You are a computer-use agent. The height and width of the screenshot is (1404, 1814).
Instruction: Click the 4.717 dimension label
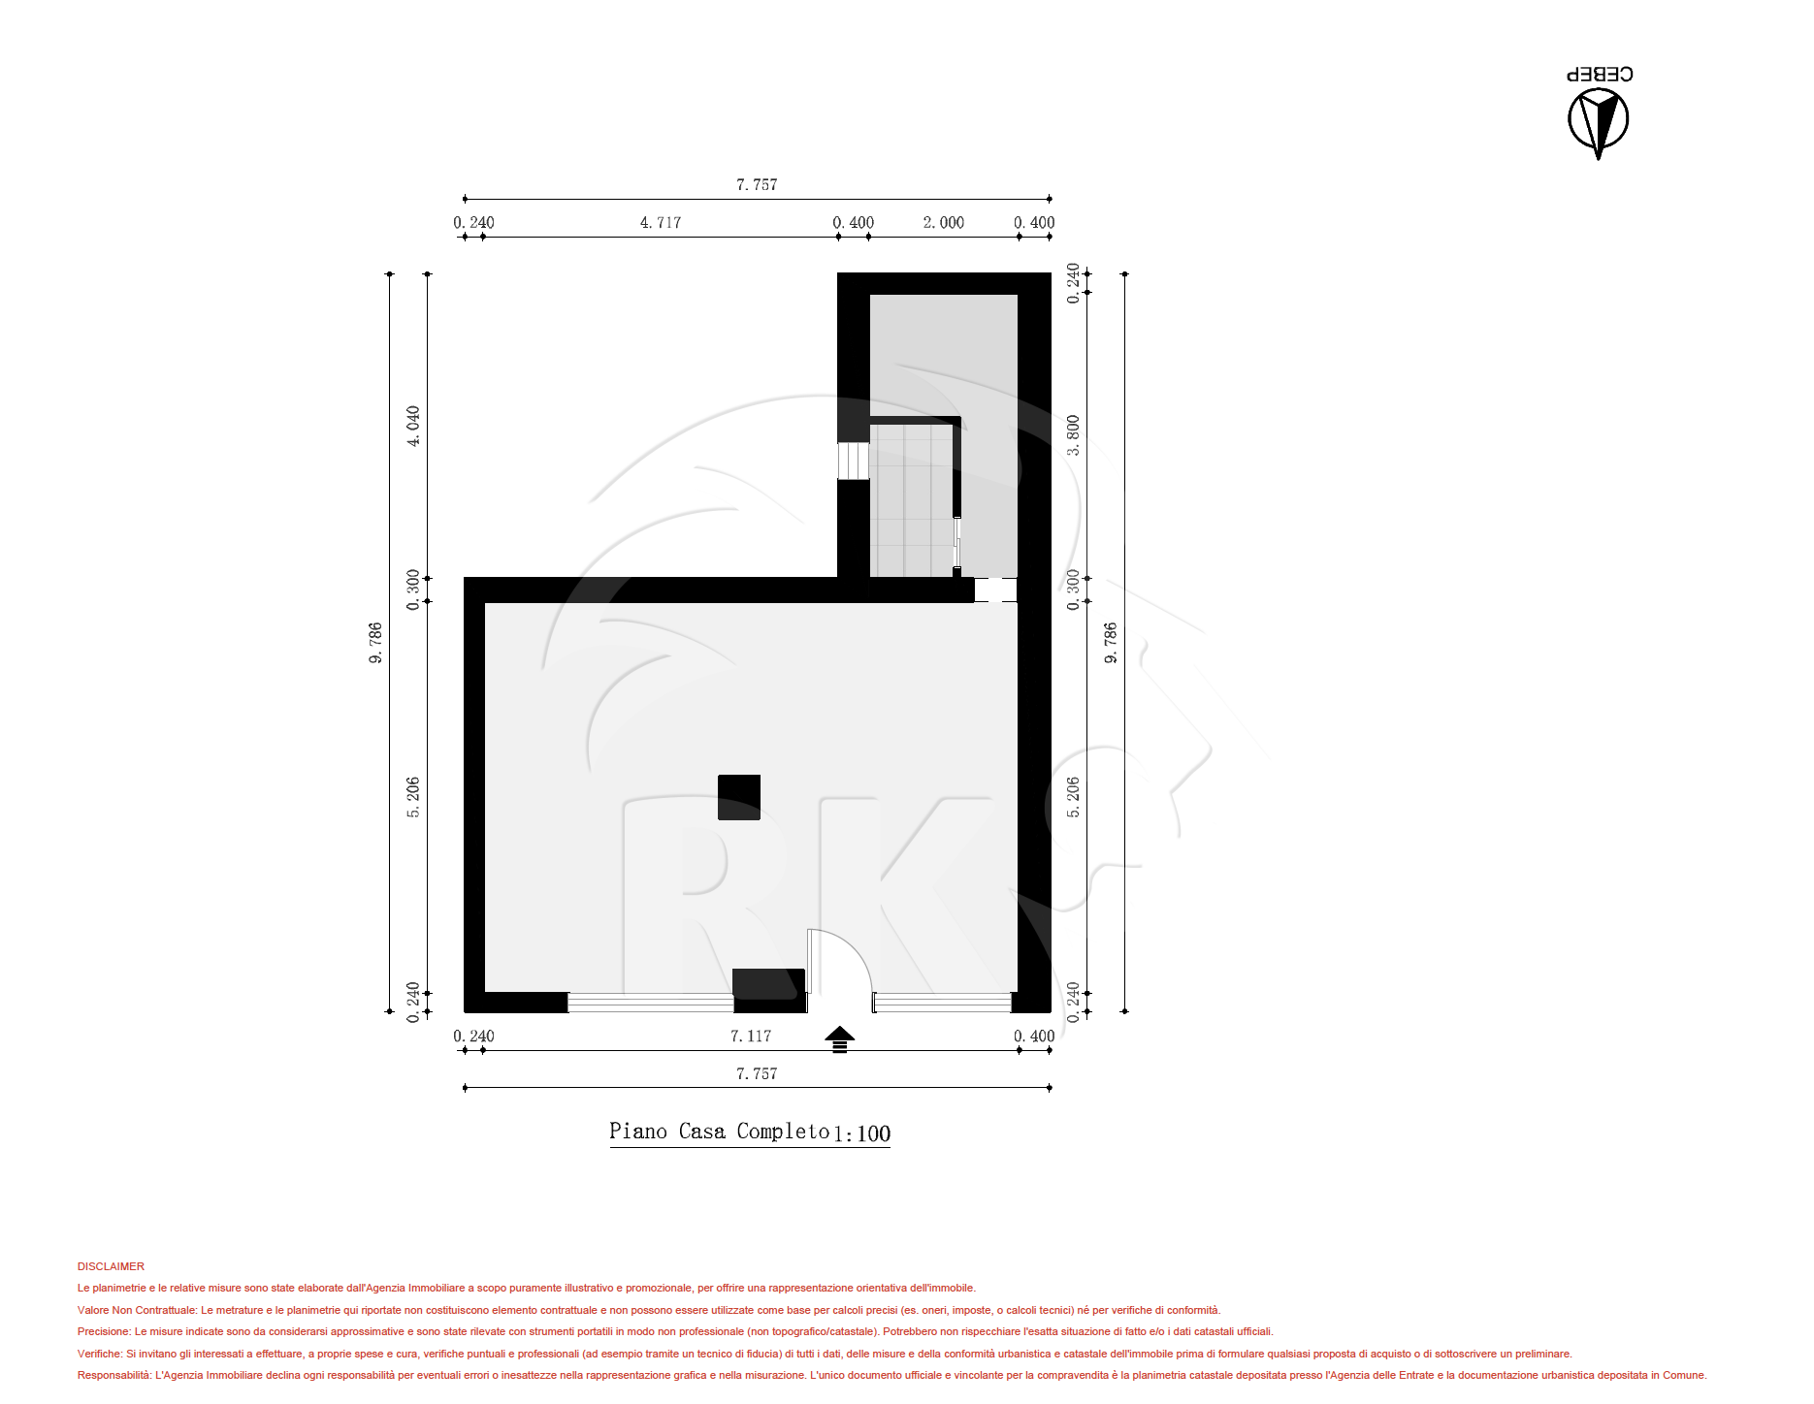click(660, 222)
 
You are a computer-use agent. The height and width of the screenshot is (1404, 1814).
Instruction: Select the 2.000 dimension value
click(943, 222)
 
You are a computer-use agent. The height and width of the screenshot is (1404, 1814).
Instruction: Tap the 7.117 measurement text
click(751, 1036)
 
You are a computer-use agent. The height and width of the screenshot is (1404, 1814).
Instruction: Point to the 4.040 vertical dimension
click(413, 426)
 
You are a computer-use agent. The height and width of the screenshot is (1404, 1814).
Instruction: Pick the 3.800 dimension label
click(1073, 435)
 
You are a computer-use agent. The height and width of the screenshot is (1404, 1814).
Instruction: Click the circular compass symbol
click(1598, 121)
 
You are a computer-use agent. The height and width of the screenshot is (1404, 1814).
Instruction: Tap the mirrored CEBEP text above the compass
click(1600, 74)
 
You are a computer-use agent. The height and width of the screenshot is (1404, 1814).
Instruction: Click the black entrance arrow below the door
click(840, 1038)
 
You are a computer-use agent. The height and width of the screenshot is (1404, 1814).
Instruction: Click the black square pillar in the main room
click(739, 797)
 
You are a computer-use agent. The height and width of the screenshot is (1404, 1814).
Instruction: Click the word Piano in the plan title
click(638, 1131)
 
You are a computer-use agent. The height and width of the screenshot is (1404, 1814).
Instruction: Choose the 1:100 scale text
click(861, 1133)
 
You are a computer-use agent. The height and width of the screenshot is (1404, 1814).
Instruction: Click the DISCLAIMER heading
click(111, 1266)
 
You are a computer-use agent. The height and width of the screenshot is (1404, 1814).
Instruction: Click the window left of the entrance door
click(651, 1003)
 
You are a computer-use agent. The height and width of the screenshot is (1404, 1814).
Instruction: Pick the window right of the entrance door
click(943, 1003)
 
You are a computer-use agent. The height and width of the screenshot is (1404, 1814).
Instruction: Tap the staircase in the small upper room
click(912, 501)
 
